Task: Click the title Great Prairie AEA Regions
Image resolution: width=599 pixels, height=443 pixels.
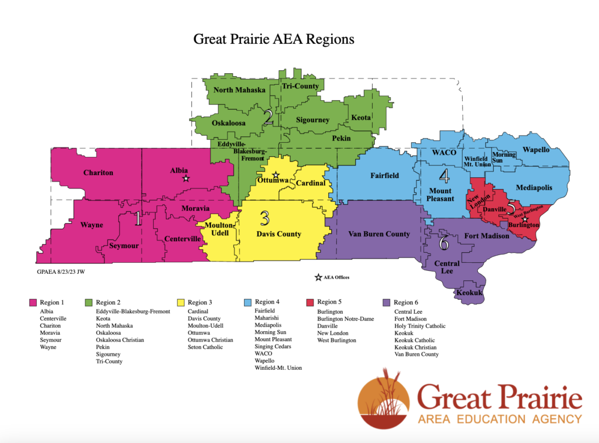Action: (274, 40)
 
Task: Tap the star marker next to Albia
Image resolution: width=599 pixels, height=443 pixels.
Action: (185, 178)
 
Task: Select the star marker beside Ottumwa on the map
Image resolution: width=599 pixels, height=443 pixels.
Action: (276, 175)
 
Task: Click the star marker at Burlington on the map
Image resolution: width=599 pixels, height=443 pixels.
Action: (525, 219)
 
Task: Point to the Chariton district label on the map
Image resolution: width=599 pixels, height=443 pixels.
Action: (98, 173)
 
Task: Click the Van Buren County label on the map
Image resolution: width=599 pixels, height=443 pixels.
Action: (378, 234)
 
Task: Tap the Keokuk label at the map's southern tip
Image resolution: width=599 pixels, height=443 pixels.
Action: (469, 291)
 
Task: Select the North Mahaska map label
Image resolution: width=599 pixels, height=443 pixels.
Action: (239, 90)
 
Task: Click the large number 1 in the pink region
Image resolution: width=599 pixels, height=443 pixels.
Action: (138, 219)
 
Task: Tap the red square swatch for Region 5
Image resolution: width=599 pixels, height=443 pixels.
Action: (311, 302)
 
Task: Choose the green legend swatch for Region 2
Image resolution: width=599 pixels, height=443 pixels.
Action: (89, 302)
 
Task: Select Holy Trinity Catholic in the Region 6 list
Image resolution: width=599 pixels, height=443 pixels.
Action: (419, 326)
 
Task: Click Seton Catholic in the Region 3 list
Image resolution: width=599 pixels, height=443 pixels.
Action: (205, 347)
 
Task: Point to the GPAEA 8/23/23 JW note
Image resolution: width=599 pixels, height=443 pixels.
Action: (61, 272)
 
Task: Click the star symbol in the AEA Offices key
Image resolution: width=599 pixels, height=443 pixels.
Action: (318, 277)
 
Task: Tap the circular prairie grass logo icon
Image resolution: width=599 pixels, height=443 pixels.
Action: (384, 399)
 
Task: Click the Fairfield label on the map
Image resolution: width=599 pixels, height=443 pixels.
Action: (384, 175)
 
